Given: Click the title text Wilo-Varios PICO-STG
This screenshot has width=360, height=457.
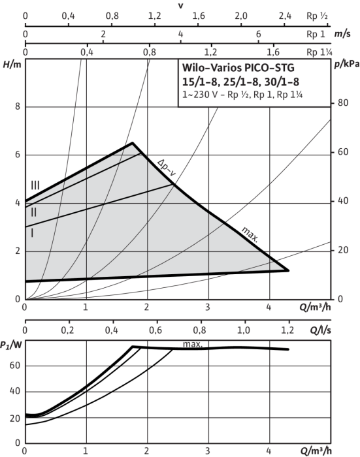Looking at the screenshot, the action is pyautogui.click(x=238, y=68).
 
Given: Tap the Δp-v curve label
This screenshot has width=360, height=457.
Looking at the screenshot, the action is pyautogui.click(x=167, y=168).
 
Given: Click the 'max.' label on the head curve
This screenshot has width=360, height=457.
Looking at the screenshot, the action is pyautogui.click(x=250, y=234).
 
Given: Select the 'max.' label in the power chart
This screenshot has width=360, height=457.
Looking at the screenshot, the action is pyautogui.click(x=193, y=344).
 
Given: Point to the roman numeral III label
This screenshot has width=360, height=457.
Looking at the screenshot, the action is pyautogui.click(x=35, y=185).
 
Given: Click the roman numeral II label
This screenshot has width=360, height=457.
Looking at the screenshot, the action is pyautogui.click(x=34, y=212).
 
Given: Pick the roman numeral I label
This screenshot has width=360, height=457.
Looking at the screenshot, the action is pyautogui.click(x=32, y=233).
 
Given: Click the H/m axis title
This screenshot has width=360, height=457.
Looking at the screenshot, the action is pyautogui.click(x=12, y=65).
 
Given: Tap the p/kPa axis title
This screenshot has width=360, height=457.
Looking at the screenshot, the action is pyautogui.click(x=346, y=64).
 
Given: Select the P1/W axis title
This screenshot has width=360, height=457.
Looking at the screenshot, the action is pyautogui.click(x=11, y=345).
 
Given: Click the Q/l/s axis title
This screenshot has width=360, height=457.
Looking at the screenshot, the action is pyautogui.click(x=320, y=330).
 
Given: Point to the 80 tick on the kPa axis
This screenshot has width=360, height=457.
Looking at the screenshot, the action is pyautogui.click(x=343, y=102).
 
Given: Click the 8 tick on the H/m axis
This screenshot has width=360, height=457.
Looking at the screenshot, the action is pyautogui.click(x=18, y=106).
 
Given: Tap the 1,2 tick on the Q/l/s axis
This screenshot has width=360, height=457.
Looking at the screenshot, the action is pyautogui.click(x=287, y=330).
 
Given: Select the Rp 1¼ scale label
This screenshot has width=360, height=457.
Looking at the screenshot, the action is pyautogui.click(x=319, y=52).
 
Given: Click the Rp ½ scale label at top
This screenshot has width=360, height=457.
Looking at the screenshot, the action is pyautogui.click(x=317, y=16).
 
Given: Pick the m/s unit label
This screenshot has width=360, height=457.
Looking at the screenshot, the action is pyautogui.click(x=342, y=34).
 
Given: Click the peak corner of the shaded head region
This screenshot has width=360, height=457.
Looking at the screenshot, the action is pyautogui.click(x=133, y=143).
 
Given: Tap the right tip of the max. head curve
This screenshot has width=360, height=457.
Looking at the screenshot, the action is pyautogui.click(x=288, y=270).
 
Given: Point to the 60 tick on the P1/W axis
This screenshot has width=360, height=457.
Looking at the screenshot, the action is pyautogui.click(x=15, y=366).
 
